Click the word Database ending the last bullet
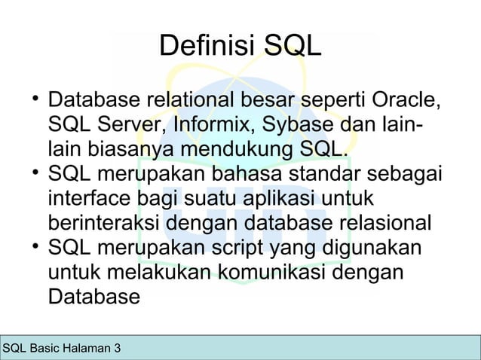[x=94, y=295]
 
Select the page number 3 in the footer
[x=116, y=348]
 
